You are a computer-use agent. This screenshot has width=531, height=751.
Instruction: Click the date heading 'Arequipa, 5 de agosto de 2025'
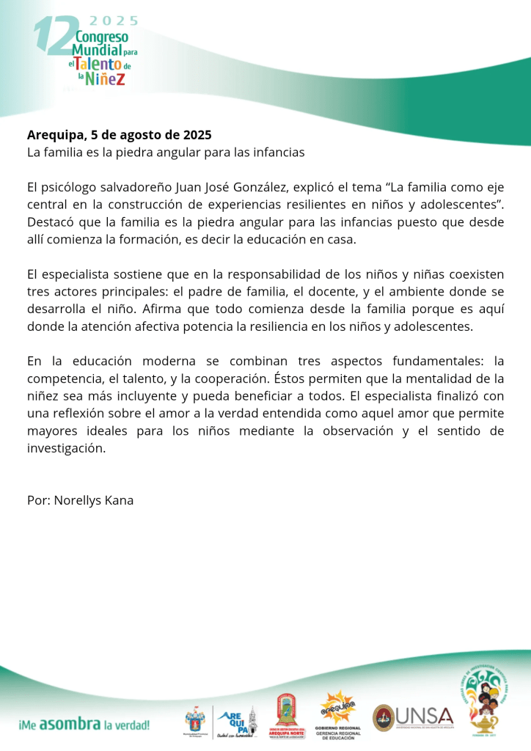[x=119, y=135]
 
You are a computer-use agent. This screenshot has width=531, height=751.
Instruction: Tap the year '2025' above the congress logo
[x=114, y=21]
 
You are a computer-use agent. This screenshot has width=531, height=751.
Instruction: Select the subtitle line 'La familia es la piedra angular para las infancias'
[x=165, y=153]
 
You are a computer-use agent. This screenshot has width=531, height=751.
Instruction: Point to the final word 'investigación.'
[x=66, y=449]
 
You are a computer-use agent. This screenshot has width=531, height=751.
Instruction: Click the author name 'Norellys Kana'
[x=94, y=500]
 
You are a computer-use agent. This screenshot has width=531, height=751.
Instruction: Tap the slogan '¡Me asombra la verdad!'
[x=83, y=725]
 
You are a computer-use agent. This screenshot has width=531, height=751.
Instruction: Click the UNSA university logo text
[x=425, y=716]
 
